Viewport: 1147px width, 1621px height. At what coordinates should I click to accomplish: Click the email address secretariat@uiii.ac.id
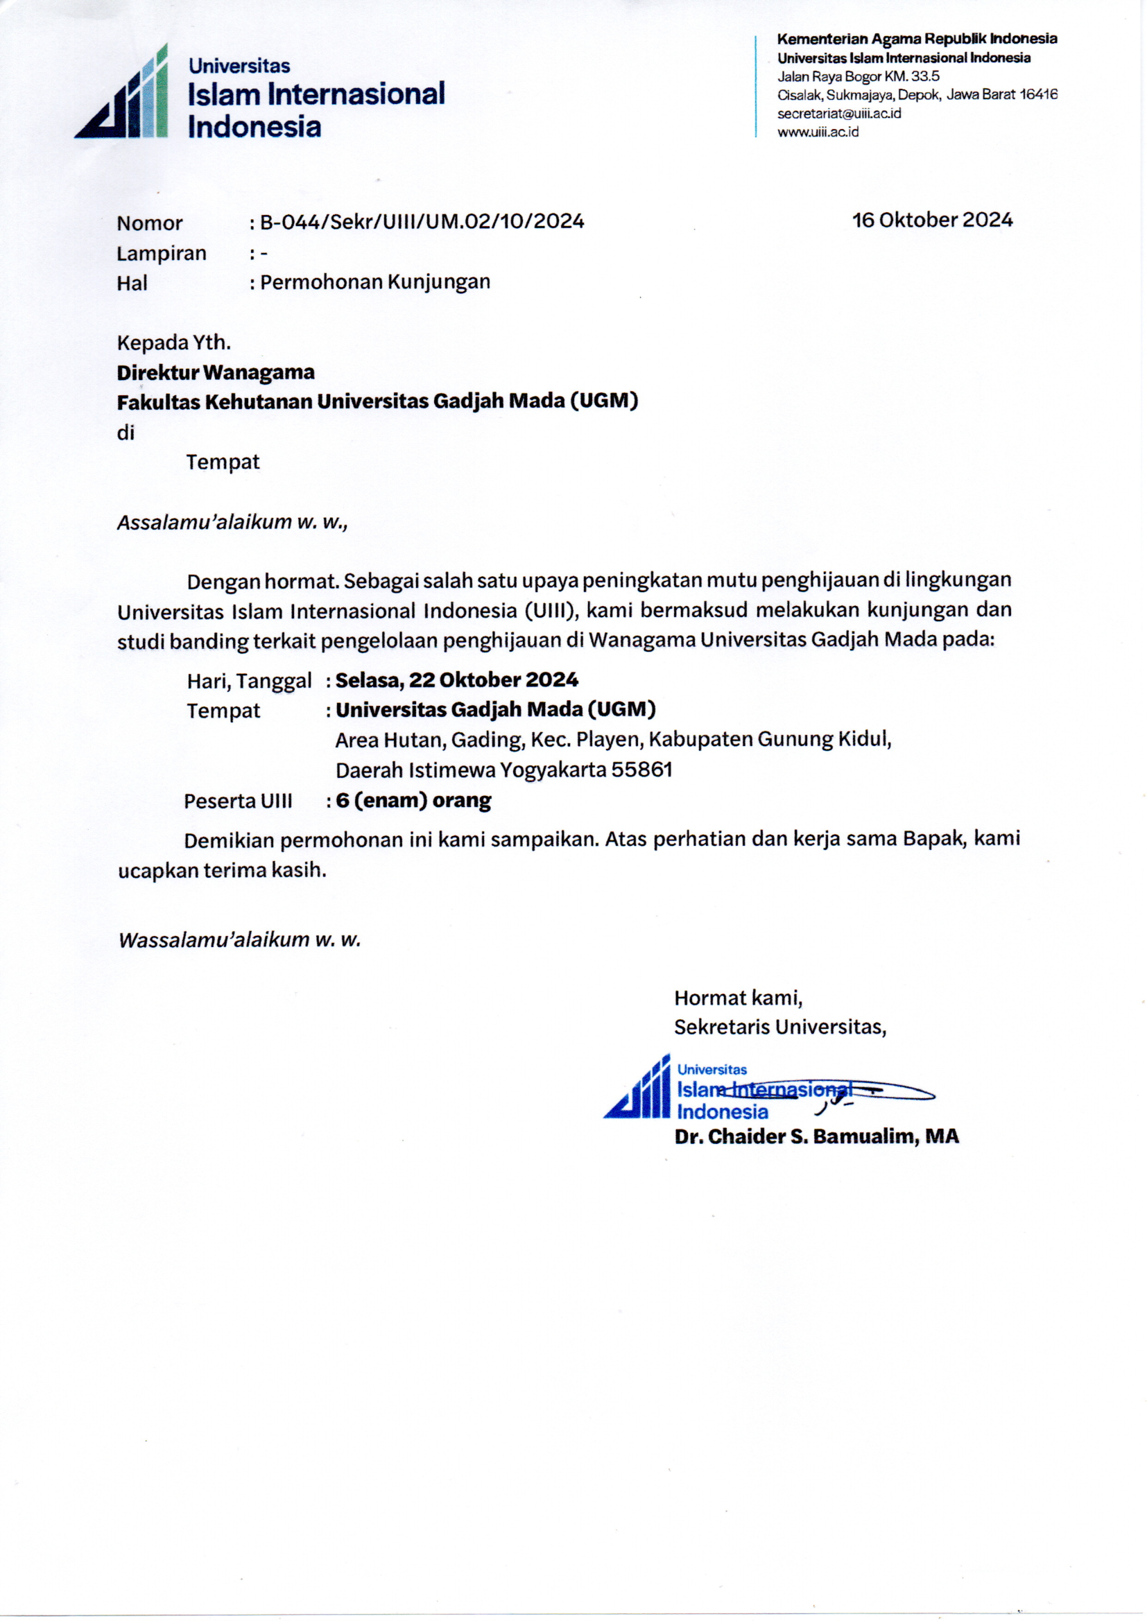839,114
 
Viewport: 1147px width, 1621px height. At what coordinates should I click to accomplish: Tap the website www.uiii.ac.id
818,132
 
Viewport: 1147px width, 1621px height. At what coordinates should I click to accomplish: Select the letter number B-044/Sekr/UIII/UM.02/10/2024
422,222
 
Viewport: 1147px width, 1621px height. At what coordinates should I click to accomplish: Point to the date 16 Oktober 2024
931,220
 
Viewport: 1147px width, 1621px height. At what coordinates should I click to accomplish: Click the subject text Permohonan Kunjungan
374,282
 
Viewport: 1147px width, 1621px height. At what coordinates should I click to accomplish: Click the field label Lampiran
161,254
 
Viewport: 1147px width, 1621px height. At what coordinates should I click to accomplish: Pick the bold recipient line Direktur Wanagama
216,372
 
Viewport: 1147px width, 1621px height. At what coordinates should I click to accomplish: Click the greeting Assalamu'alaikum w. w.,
232,523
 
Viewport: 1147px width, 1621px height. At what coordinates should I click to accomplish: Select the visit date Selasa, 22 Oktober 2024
456,680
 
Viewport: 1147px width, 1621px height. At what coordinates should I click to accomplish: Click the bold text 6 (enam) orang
413,801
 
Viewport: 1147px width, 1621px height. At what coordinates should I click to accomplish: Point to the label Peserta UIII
237,801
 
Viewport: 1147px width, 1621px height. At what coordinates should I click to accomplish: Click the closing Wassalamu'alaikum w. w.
239,939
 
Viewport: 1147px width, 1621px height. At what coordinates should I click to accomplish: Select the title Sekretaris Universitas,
779,1027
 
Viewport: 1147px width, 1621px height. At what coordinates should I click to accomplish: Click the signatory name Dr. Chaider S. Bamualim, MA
816,1136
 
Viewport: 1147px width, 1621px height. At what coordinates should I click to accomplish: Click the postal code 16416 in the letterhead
1037,94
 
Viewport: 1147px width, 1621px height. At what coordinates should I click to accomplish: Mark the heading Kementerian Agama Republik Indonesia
917,39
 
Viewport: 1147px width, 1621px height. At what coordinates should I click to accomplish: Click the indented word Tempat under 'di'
223,462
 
